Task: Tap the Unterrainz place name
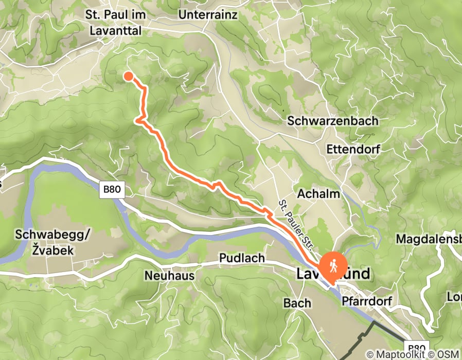coord(208,15)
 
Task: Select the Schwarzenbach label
coord(333,121)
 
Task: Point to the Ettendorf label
coord(353,149)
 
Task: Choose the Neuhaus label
coord(169,276)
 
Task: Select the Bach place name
coord(297,303)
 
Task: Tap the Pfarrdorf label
coord(367,301)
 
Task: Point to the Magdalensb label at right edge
coord(428,239)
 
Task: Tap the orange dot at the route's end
coord(128,77)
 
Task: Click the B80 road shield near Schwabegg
coord(112,189)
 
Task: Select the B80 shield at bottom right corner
coord(418,348)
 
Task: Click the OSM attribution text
coord(449,354)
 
